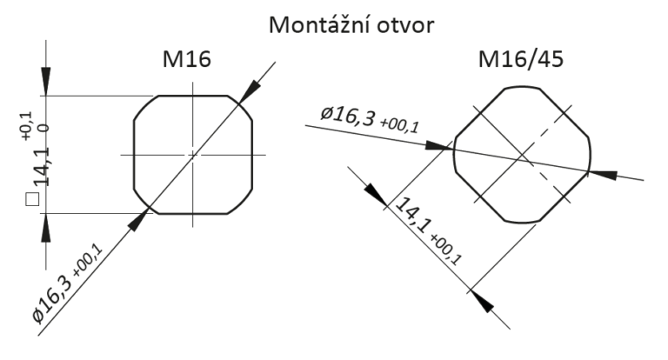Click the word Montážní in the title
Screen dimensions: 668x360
(x=319, y=24)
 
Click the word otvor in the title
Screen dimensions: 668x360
(x=406, y=26)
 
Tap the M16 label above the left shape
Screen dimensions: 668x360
(x=187, y=59)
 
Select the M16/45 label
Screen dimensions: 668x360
(x=521, y=59)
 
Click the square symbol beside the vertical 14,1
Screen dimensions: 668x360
(x=32, y=199)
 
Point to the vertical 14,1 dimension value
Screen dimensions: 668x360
(x=42, y=167)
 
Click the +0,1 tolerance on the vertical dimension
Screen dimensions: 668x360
(x=26, y=126)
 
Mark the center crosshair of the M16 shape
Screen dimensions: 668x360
(x=192, y=155)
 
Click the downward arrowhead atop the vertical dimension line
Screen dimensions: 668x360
(x=45, y=82)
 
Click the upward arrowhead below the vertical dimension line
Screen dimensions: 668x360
(x=45, y=228)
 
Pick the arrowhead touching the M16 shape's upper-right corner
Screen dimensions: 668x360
(x=250, y=91)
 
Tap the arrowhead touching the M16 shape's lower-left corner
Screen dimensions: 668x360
(x=138, y=220)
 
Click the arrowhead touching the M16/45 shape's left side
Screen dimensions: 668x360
(x=439, y=146)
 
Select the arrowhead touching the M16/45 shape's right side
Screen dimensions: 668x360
(x=603, y=175)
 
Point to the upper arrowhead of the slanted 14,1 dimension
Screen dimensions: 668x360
(x=376, y=196)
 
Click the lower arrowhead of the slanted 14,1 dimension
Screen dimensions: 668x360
(x=481, y=302)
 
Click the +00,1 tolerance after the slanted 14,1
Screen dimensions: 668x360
(x=446, y=250)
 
